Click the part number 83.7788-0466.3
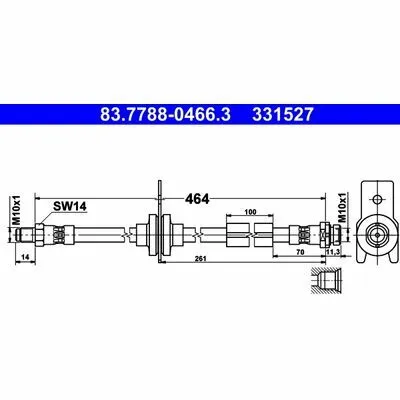coord(165,114)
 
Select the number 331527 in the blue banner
coord(283,114)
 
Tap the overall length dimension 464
coord(197,199)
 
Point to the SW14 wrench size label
coord(70,207)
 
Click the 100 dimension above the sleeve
coord(250,212)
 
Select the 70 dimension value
coord(300,252)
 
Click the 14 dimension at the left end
coord(25,257)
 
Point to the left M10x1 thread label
coord(17,210)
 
